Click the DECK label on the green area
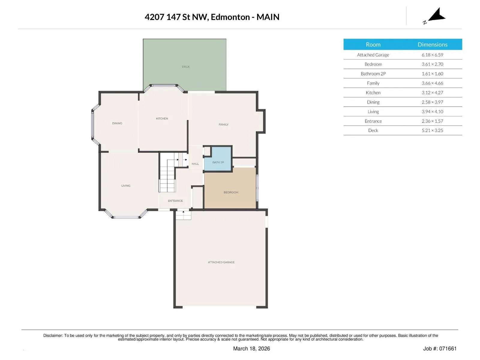pos(186,67)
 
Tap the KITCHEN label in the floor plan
pos(162,118)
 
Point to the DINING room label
pos(117,123)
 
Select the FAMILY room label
pos(223,124)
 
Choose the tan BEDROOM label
pos(231,192)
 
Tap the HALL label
pos(195,164)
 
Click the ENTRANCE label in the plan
pos(175,201)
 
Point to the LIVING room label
pos(126,186)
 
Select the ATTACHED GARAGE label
pos(221,262)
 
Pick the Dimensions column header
pos(432,45)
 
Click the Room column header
pos(373,45)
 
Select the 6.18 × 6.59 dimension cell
pos(432,55)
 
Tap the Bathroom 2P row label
pos(373,74)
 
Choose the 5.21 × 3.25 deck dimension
pos(432,130)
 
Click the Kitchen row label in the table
pos(373,93)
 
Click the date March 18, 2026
pos(251,349)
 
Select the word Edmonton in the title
pos(230,17)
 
